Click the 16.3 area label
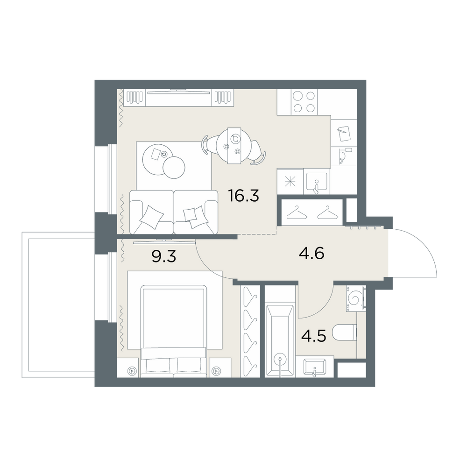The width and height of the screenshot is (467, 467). (243, 196)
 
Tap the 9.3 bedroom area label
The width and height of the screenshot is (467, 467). (164, 256)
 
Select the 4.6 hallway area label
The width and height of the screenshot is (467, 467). (311, 254)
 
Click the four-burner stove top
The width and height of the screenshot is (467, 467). (304, 102)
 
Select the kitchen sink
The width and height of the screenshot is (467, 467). (317, 181)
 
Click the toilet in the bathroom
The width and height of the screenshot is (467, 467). (344, 333)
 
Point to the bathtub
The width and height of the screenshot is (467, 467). (280, 340)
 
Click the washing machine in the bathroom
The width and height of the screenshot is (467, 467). (356, 298)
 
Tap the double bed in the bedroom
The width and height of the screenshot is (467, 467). (174, 331)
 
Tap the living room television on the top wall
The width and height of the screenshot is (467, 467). (178, 92)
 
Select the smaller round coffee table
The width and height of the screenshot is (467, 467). (174, 168)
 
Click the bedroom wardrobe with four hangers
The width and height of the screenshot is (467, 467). (249, 331)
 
